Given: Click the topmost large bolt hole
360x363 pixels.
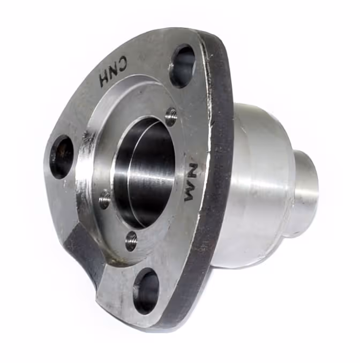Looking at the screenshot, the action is pos(183,66).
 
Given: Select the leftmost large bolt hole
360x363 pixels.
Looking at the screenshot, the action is pos(62,157).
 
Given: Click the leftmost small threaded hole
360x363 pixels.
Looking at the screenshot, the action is pos(104,199).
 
